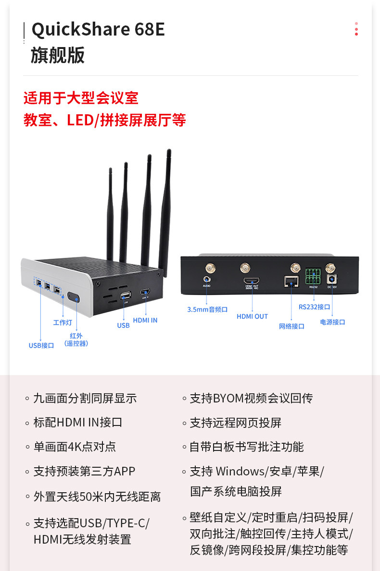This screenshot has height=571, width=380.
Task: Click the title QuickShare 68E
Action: tap(98, 30)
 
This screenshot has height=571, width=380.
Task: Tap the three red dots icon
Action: tap(356, 29)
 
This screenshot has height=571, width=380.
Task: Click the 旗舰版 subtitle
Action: tap(58, 55)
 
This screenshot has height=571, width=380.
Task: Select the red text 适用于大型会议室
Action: tap(81, 98)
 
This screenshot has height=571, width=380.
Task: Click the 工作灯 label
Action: tap(63, 322)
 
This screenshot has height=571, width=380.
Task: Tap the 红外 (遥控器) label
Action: tap(76, 340)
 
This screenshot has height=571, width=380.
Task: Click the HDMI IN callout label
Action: tap(145, 320)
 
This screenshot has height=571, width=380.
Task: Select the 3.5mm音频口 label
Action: tap(207, 310)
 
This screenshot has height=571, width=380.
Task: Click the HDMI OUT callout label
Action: tap(252, 316)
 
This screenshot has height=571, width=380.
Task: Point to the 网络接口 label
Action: tap(291, 326)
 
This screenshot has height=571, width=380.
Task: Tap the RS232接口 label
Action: tap(314, 307)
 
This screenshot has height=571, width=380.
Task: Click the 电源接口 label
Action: tap(332, 322)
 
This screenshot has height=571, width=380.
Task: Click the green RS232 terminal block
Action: tap(313, 277)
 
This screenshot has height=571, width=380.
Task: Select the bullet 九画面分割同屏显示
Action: tap(85, 398)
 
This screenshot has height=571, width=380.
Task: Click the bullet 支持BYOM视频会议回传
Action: tap(251, 398)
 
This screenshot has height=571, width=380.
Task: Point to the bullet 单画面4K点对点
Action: tap(75, 447)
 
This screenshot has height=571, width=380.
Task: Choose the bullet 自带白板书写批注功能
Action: tap(246, 447)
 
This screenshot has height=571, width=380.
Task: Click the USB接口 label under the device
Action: tap(41, 345)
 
